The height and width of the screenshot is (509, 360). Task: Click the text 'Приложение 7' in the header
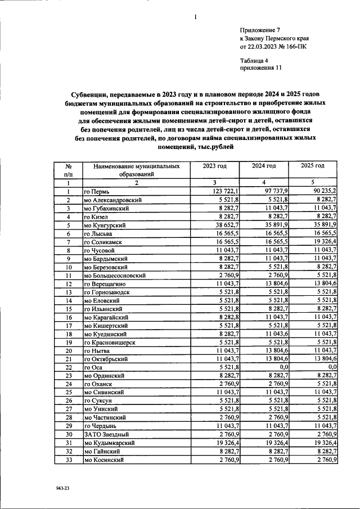click(x=259, y=29)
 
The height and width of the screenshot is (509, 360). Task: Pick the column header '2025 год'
click(x=312, y=166)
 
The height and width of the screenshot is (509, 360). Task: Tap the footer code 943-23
click(x=62, y=489)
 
